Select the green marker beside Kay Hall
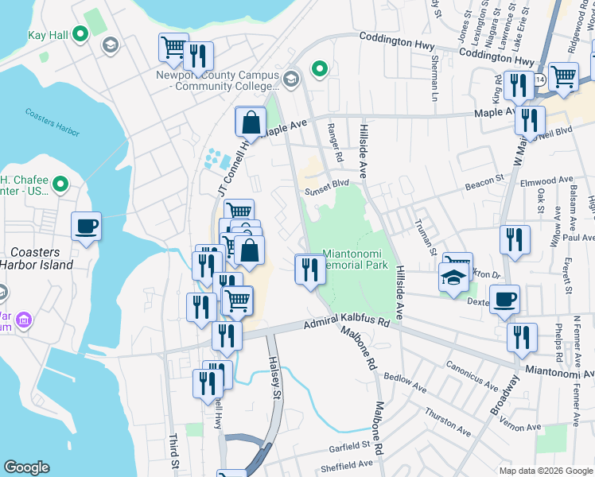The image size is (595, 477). point(80,34)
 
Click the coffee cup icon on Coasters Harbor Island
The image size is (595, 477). point(87,227)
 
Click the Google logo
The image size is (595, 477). point(26,467)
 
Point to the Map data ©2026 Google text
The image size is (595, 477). point(545,471)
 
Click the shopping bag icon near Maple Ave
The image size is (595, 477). point(251,122)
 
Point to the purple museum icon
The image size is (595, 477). point(24,320)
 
